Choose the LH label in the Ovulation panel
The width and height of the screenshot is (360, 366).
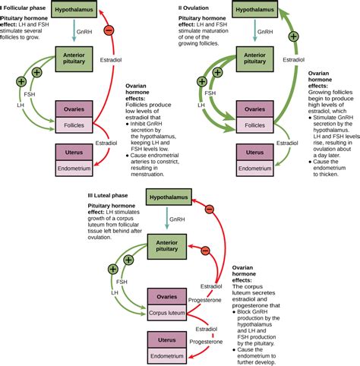(201, 106)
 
